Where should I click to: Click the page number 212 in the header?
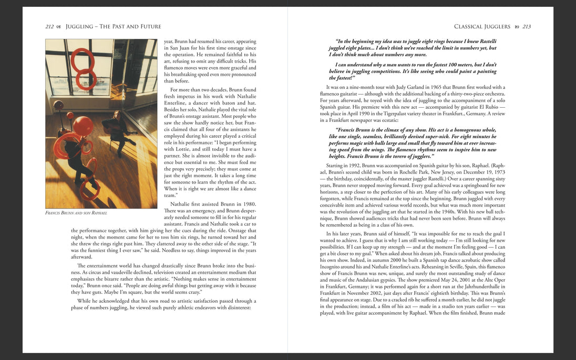click(x=50, y=26)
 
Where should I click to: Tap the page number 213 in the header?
click(x=526, y=26)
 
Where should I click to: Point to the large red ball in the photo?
click(x=83, y=126)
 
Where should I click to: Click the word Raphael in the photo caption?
click(x=98, y=213)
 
